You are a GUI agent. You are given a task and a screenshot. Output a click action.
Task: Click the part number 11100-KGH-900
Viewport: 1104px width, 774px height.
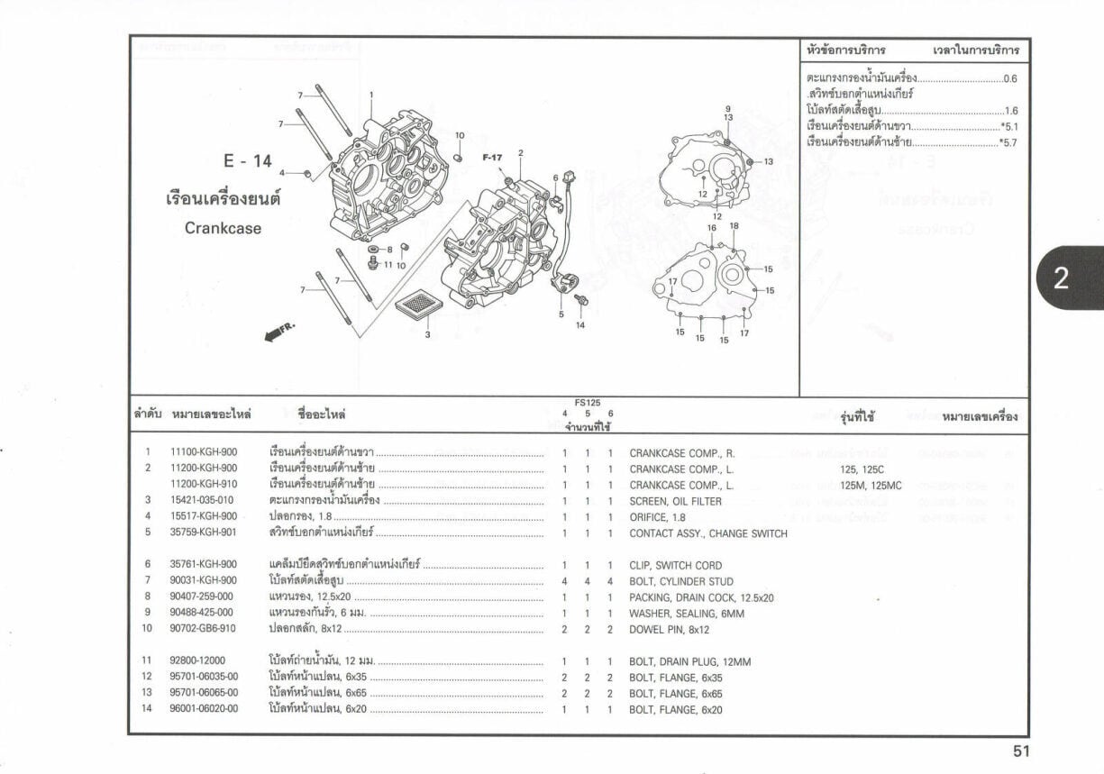pyautogui.click(x=204, y=452)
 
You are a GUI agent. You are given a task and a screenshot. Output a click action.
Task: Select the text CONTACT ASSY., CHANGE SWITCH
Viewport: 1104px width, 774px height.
pyautogui.click(x=707, y=533)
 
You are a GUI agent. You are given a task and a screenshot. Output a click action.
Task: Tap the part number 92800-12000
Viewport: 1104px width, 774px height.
pyautogui.click(x=198, y=661)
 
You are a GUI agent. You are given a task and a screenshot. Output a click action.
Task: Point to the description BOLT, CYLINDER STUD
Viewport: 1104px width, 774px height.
pyautogui.click(x=680, y=582)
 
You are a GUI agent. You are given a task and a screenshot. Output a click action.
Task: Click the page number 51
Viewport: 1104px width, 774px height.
pyautogui.click(x=1020, y=751)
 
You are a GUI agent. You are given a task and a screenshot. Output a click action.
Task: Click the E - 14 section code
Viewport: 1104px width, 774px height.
pyautogui.click(x=248, y=161)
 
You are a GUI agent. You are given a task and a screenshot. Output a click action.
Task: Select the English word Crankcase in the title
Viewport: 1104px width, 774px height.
pyautogui.click(x=223, y=229)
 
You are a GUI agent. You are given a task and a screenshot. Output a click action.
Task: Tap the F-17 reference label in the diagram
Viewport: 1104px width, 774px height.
pyautogui.click(x=492, y=158)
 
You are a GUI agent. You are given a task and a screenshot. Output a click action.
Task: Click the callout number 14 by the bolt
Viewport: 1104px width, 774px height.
pyautogui.click(x=580, y=324)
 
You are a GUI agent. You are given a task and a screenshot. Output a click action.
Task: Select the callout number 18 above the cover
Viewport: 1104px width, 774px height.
pyautogui.click(x=734, y=225)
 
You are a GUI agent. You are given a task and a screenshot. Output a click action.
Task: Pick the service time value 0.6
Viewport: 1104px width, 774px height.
pyautogui.click(x=1010, y=79)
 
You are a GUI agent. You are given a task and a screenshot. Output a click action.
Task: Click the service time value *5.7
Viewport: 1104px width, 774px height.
pyautogui.click(x=1008, y=142)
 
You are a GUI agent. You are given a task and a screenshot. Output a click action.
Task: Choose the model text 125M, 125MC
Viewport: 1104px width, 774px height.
pyautogui.click(x=871, y=485)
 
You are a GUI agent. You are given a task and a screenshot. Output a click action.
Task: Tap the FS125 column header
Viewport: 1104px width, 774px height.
pyautogui.click(x=587, y=403)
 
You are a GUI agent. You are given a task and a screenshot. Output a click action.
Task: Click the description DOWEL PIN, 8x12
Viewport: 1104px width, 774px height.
pyautogui.click(x=670, y=630)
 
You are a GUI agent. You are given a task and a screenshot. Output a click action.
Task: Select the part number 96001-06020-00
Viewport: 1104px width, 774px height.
pyautogui.click(x=205, y=710)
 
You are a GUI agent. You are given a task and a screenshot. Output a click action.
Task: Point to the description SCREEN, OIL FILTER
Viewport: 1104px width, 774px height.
pyautogui.click(x=675, y=501)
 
